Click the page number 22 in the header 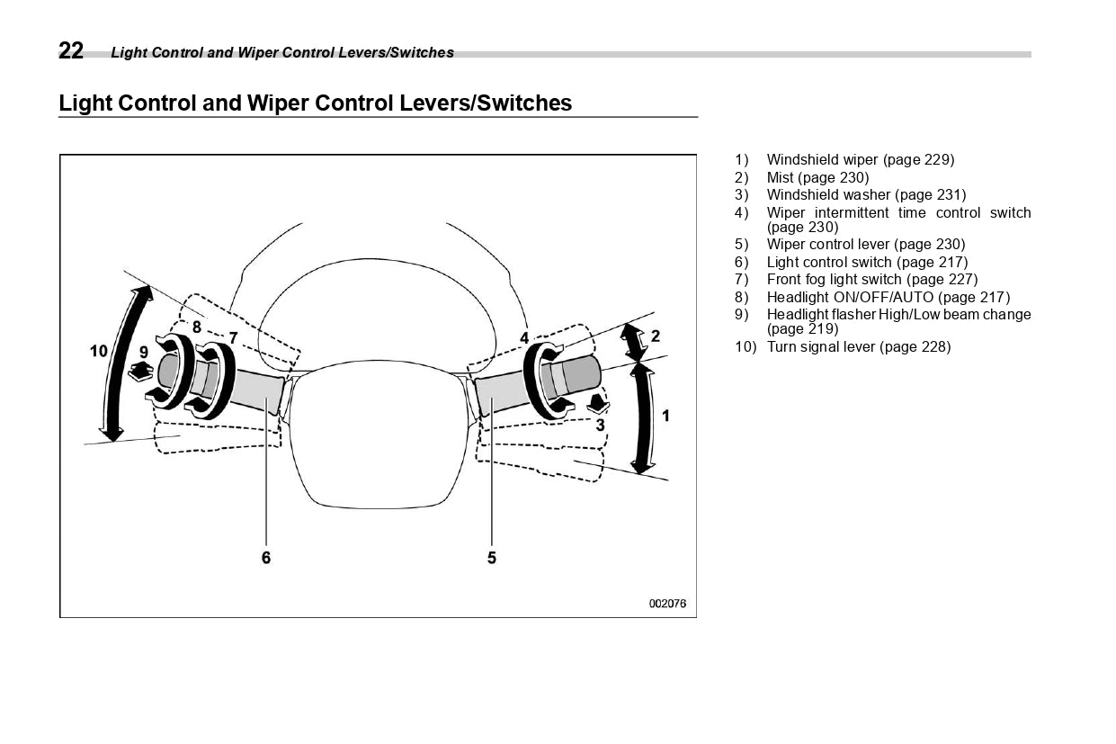(x=71, y=51)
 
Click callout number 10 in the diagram (x=98, y=351)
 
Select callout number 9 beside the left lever (x=143, y=353)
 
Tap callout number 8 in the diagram (x=196, y=327)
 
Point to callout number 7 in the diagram (x=233, y=337)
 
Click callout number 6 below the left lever (x=266, y=558)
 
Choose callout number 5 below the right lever (x=492, y=558)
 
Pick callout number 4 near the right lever (x=524, y=338)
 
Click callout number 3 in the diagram (x=600, y=425)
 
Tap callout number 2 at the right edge (x=656, y=336)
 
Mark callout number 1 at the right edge (x=665, y=416)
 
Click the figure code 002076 (x=667, y=604)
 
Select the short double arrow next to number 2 (x=634, y=342)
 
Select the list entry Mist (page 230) (x=817, y=177)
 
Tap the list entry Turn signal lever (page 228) (x=858, y=346)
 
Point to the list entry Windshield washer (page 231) (x=866, y=194)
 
